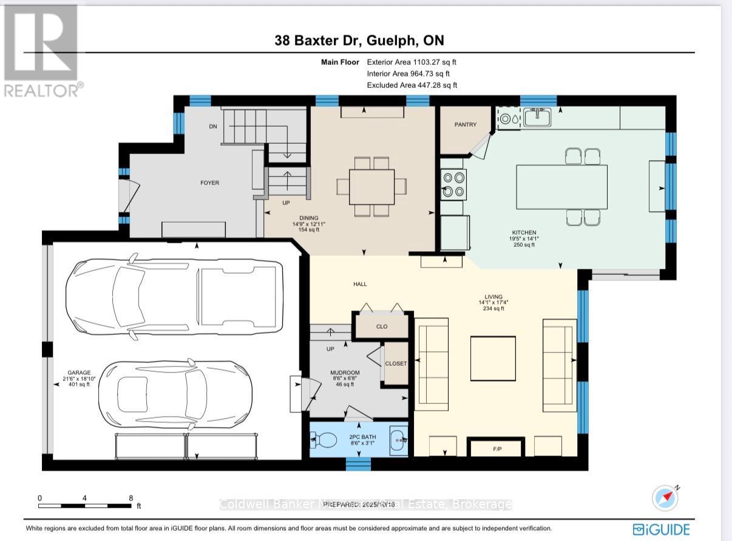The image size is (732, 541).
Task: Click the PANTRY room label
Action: tap(466, 125)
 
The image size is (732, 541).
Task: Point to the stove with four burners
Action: tap(453, 184)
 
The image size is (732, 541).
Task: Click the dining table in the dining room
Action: tap(371, 186)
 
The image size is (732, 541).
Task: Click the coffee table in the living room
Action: tap(493, 358)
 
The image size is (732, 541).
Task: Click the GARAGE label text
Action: tap(79, 372)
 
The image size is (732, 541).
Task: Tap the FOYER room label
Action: tap(210, 183)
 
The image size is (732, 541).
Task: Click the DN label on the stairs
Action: tap(212, 127)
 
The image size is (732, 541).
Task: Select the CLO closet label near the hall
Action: tap(381, 326)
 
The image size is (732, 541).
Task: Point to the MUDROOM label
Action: tap(345, 372)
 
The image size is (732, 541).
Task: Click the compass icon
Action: tap(665, 498)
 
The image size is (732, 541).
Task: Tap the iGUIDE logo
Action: tap(661, 529)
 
